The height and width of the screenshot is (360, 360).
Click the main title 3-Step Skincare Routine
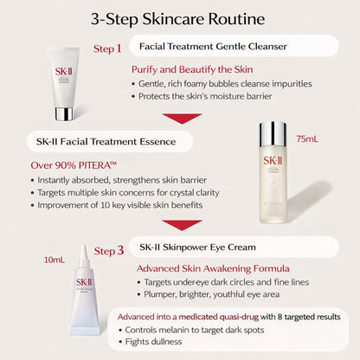[180, 18]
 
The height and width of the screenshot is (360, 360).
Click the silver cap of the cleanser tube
[64, 112]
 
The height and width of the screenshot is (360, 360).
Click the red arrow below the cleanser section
[182, 119]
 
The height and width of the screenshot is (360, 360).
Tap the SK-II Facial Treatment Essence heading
[77, 140]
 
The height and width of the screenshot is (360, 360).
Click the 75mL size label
[308, 138]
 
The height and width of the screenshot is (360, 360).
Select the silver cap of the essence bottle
[273, 134]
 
